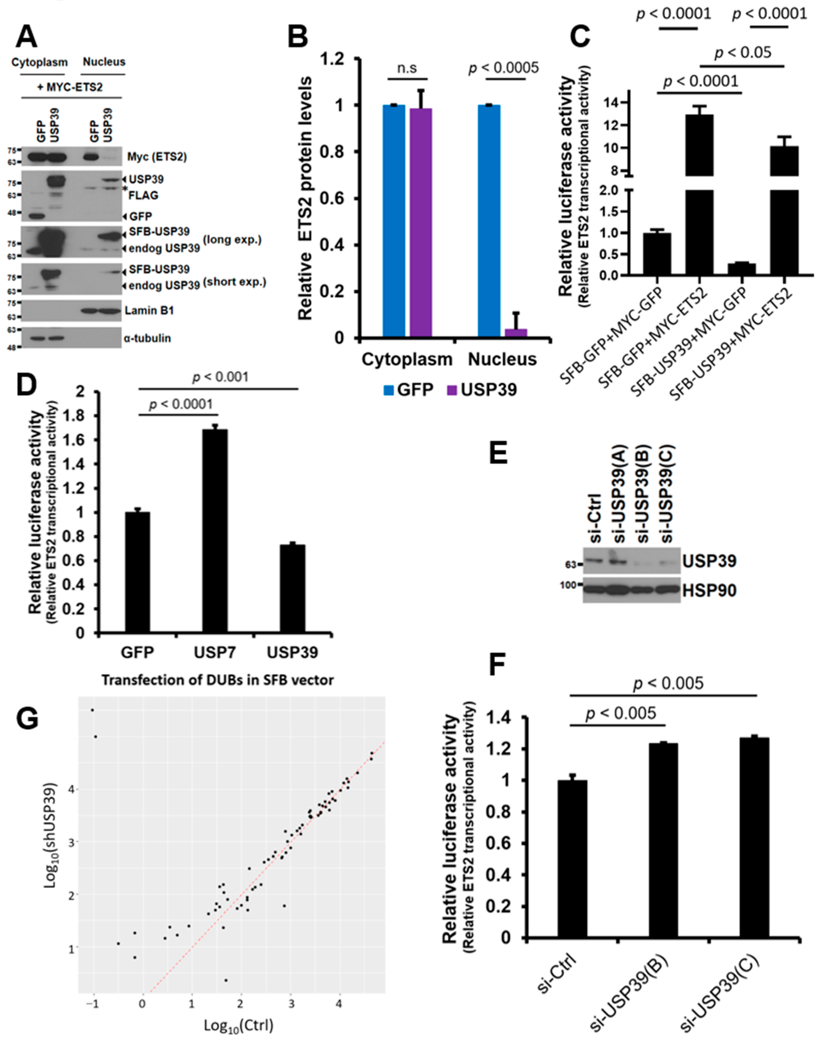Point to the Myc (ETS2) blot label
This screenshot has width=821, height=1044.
(157, 157)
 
